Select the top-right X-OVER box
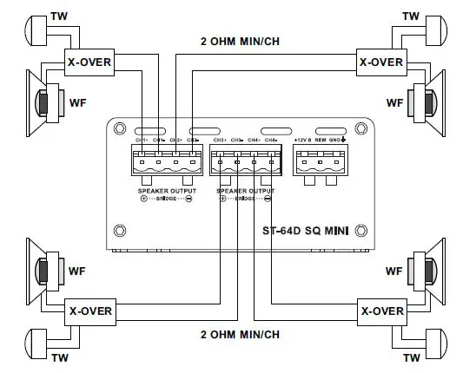381,62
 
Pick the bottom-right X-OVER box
381,310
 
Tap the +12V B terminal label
303,140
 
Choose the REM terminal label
321,140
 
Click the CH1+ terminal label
141,140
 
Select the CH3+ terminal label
219,140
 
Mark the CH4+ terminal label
254,140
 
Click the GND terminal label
335,140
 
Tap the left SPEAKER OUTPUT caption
167,190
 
